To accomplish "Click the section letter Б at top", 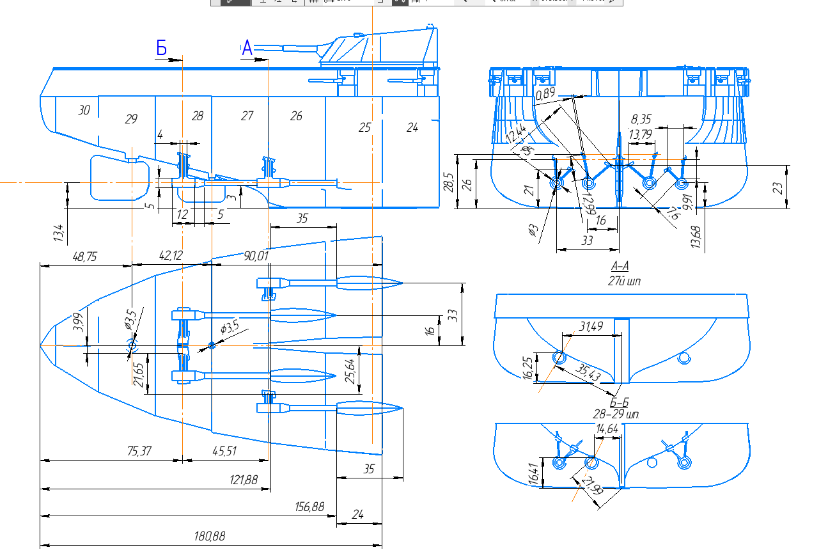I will click(162, 47).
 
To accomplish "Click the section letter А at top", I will click(247, 47).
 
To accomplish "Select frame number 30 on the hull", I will click(84, 110).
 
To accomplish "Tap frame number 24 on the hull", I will click(412, 128).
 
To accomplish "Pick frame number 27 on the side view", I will click(247, 116).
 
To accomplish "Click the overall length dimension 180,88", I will click(210, 536).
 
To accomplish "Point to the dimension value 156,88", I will click(309, 507).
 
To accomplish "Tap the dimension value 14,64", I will click(607, 429).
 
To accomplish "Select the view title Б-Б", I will click(620, 403).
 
